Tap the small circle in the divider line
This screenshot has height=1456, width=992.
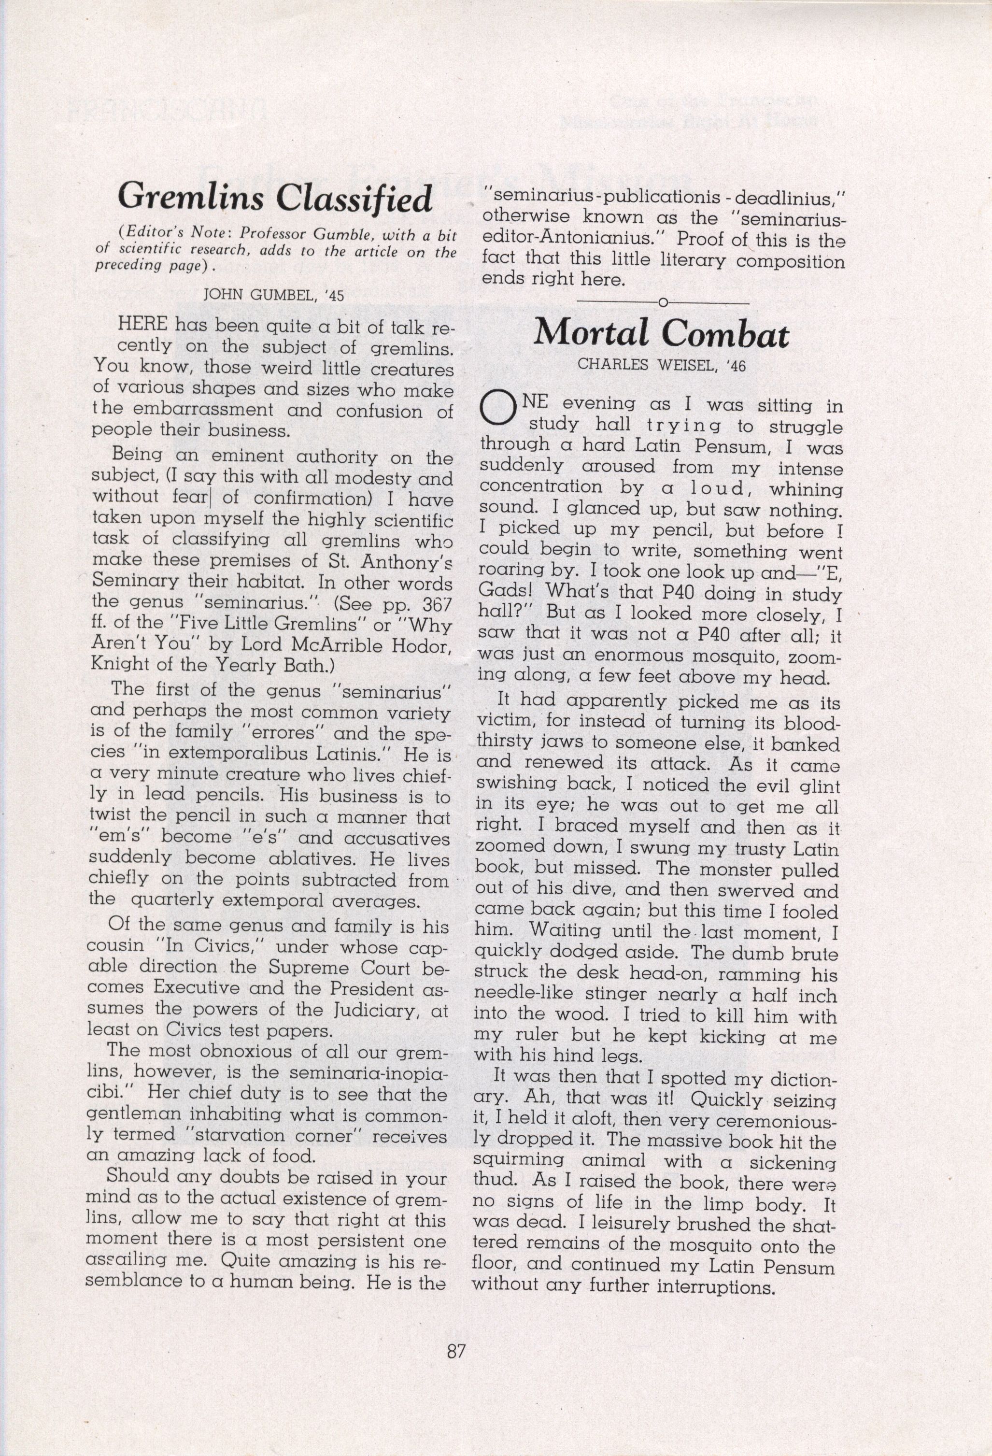662,303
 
